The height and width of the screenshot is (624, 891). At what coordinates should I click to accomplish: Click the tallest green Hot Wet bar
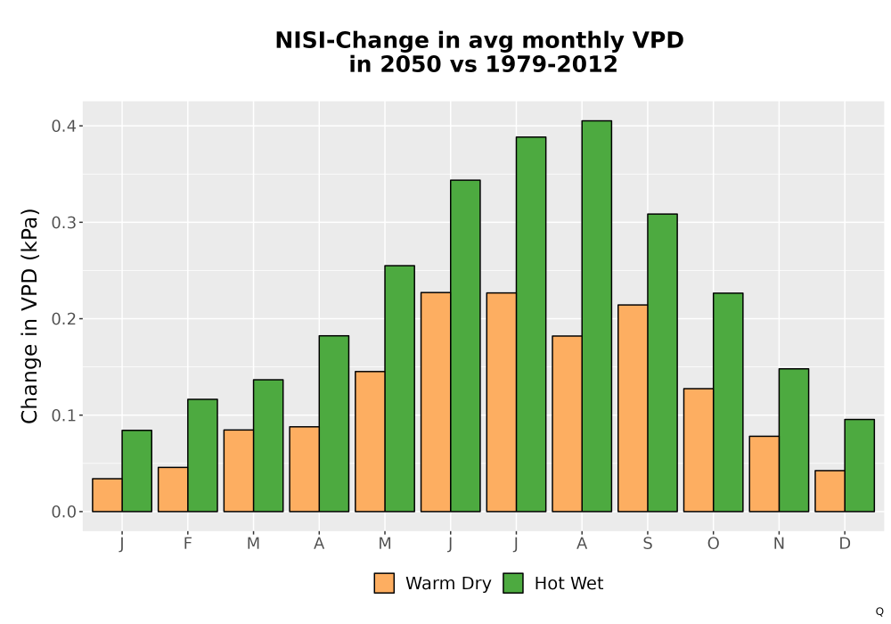pyautogui.click(x=597, y=316)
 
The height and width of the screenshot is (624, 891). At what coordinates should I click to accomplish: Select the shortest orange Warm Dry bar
pyautogui.click(x=108, y=495)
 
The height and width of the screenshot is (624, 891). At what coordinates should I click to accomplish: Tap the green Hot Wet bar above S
pyautogui.click(x=663, y=363)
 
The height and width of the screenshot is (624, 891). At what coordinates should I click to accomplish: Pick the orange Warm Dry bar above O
pyautogui.click(x=699, y=450)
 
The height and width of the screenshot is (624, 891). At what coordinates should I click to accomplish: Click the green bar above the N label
pyautogui.click(x=794, y=440)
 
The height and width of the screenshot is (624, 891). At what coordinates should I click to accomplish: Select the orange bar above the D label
pyautogui.click(x=830, y=491)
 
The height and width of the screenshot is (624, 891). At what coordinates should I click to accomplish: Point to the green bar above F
pyautogui.click(x=202, y=456)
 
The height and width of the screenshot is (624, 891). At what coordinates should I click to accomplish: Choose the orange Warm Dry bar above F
pyautogui.click(x=173, y=489)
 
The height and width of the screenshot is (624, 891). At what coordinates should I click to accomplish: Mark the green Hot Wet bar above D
pyautogui.click(x=859, y=465)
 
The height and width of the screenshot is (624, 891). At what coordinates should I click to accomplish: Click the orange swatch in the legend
pyautogui.click(x=384, y=583)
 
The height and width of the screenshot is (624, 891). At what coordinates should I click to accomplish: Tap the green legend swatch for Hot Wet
pyautogui.click(x=513, y=583)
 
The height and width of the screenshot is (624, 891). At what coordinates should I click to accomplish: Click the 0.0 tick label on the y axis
pyautogui.click(x=64, y=512)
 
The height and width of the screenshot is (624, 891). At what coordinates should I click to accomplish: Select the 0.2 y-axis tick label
pyautogui.click(x=64, y=319)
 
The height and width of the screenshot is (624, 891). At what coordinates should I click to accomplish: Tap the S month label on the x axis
pyautogui.click(x=647, y=544)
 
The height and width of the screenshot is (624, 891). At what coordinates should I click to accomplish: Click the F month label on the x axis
pyautogui.click(x=187, y=544)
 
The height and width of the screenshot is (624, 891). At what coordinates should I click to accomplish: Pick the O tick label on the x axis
pyautogui.click(x=713, y=544)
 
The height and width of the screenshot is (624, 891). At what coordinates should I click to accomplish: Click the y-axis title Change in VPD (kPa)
pyautogui.click(x=29, y=316)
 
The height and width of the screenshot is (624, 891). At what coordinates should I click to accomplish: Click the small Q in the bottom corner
pyautogui.click(x=879, y=612)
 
